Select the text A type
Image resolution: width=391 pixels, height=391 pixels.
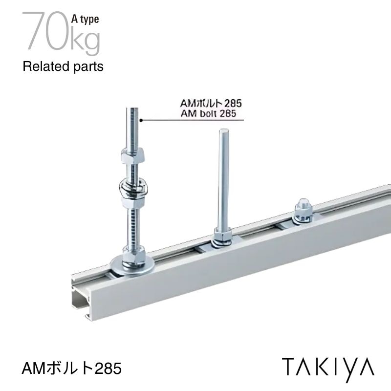pos(85,19)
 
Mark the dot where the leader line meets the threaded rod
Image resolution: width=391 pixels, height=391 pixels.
pos(141,119)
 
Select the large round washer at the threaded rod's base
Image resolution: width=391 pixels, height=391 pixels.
pos(131,264)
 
